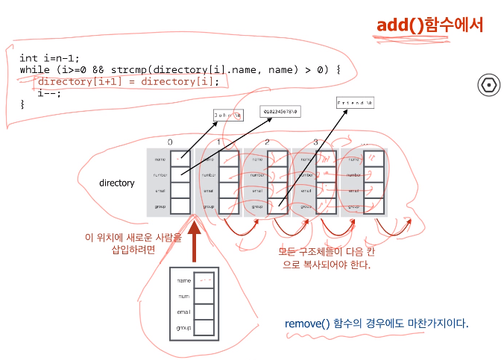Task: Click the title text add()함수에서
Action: pos(430,25)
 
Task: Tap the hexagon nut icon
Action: pos(488,84)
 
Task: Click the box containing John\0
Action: pos(228,115)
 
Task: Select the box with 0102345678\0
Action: pos(281,111)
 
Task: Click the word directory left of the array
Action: pos(116,183)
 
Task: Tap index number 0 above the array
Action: pos(170,142)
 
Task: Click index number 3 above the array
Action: pos(315,142)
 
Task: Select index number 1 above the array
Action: pos(218,142)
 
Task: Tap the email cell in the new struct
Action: pos(204,312)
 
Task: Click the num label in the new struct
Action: pos(183,296)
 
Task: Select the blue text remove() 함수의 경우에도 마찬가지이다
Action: pos(377,323)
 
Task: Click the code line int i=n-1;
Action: pos(49,57)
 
